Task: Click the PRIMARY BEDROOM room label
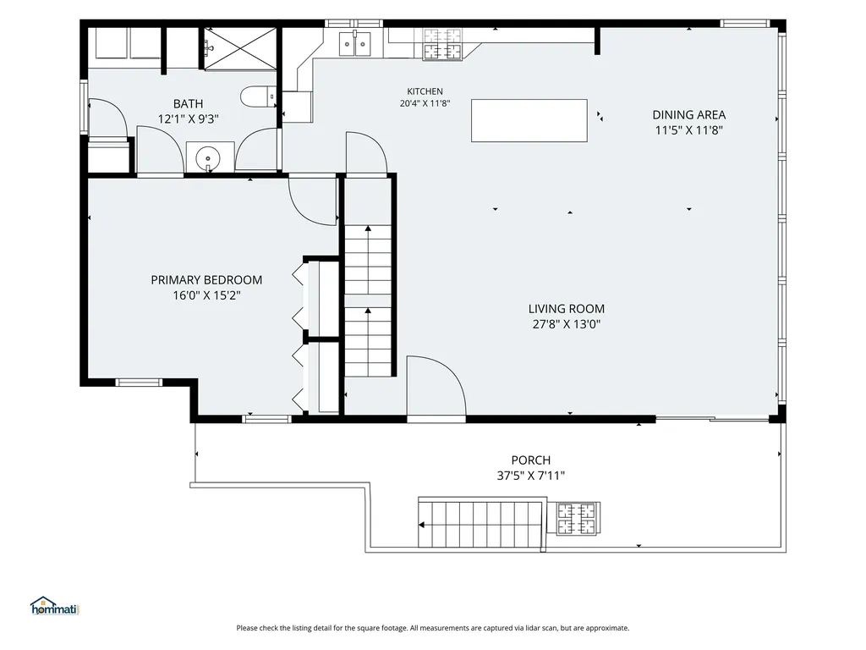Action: click(x=206, y=279)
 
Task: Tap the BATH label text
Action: click(x=188, y=103)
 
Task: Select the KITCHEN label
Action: click(x=425, y=91)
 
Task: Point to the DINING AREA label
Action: click(x=688, y=115)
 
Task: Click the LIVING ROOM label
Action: click(x=566, y=308)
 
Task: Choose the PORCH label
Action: click(x=531, y=460)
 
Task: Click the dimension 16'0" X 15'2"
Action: click(x=206, y=295)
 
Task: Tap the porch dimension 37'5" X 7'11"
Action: click(x=531, y=476)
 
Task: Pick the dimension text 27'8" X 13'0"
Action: click(x=566, y=324)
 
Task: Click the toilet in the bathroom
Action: click(x=259, y=96)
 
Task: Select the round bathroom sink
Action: click(x=208, y=158)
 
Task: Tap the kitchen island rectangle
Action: click(x=529, y=120)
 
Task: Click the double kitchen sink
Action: click(x=355, y=43)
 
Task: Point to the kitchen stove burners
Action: click(x=442, y=44)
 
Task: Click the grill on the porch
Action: click(x=578, y=519)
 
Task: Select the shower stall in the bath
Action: click(x=239, y=48)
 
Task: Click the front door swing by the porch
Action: click(x=436, y=385)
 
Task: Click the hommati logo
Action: click(x=55, y=606)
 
